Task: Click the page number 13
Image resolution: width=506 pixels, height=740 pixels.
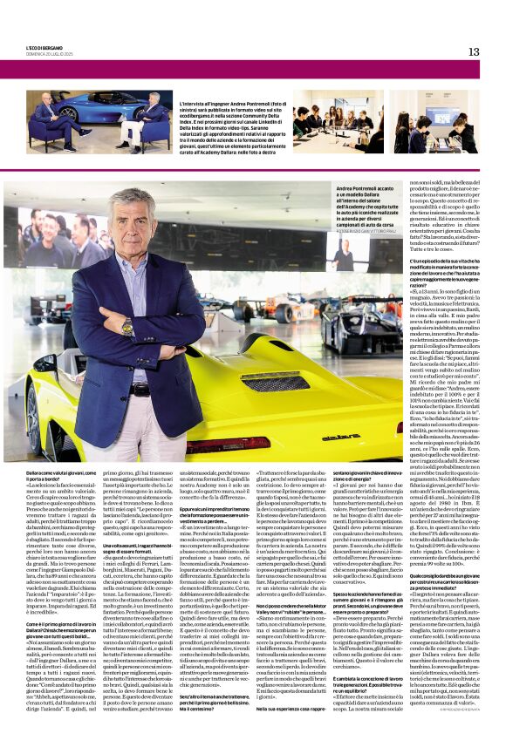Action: (473, 51)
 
